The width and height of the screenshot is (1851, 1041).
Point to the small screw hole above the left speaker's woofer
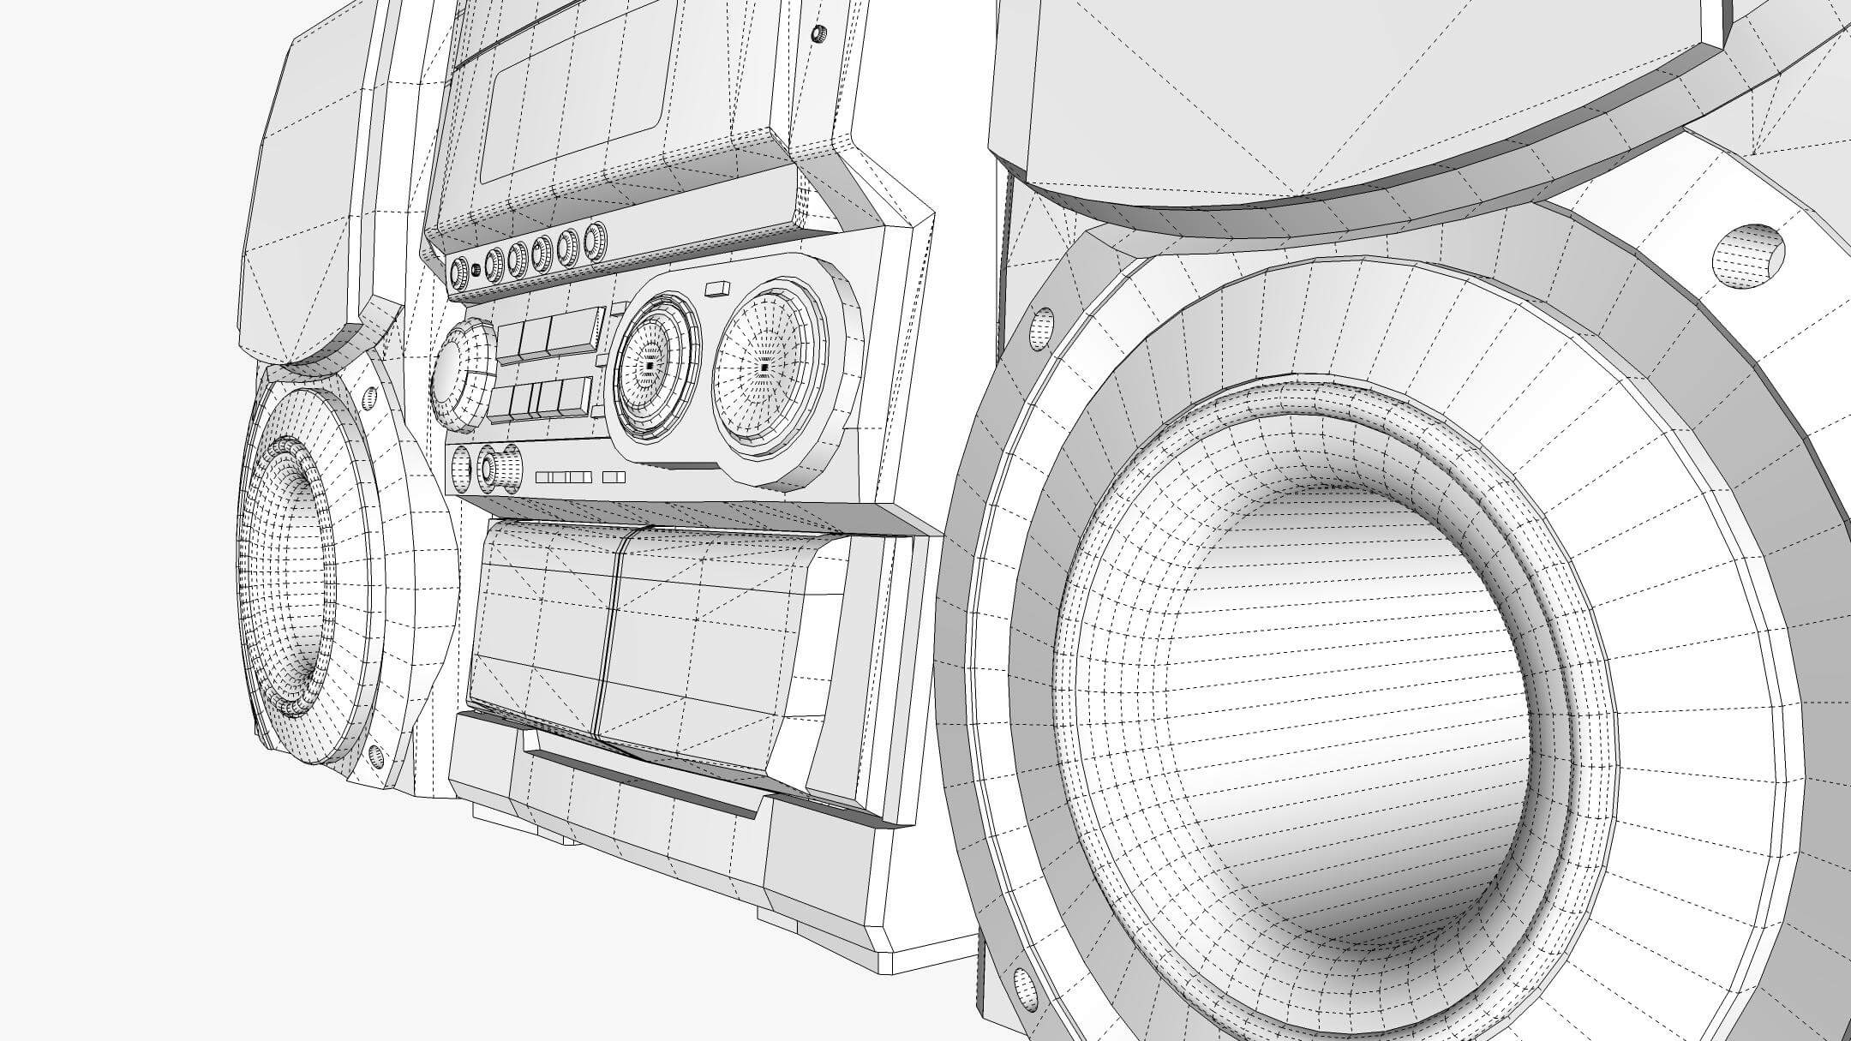click(x=370, y=398)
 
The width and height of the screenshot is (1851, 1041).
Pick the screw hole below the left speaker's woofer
click(x=374, y=755)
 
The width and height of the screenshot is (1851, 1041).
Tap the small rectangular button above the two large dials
click(x=716, y=289)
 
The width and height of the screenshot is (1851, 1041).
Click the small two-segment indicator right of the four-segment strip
click(x=614, y=477)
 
